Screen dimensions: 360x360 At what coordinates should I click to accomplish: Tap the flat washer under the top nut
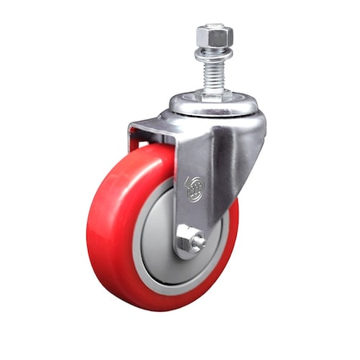pyautogui.click(x=214, y=53)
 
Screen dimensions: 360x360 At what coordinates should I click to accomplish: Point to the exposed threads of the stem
pyautogui.click(x=214, y=74)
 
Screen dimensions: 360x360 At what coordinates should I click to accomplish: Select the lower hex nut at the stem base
pyautogui.click(x=214, y=94)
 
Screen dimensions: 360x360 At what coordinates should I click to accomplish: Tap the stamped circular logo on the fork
pyautogui.click(x=194, y=189)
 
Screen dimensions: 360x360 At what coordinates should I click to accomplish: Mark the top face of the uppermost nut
pyautogui.click(x=214, y=28)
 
